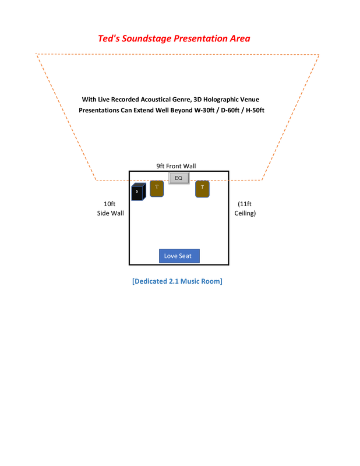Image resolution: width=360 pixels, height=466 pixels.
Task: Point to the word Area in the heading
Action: pos(242,38)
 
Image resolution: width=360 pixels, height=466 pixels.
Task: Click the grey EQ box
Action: pos(179,178)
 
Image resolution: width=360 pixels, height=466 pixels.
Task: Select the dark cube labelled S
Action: pos(138,192)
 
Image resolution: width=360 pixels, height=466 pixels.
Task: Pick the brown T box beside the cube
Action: pos(157,188)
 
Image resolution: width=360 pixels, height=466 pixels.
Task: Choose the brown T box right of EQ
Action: pos(202,188)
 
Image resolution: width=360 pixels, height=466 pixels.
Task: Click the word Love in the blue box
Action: pos(171,256)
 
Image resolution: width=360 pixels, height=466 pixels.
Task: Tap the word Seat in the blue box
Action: pos(186,256)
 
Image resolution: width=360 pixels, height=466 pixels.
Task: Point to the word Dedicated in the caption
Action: pos(150,281)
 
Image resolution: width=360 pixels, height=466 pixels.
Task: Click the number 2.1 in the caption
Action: pos(174,281)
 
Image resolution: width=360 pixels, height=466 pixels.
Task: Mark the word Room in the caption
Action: pos(211,281)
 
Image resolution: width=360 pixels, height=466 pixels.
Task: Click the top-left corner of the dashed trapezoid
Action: pos(37,54)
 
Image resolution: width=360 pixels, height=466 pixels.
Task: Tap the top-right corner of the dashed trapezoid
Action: pos(319,55)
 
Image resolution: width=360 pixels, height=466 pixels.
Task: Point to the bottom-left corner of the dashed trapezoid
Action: pos(97,180)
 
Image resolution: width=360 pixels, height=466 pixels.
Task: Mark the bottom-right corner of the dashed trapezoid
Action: pos(262,179)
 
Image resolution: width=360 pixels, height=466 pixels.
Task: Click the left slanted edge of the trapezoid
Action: pos(66,116)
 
